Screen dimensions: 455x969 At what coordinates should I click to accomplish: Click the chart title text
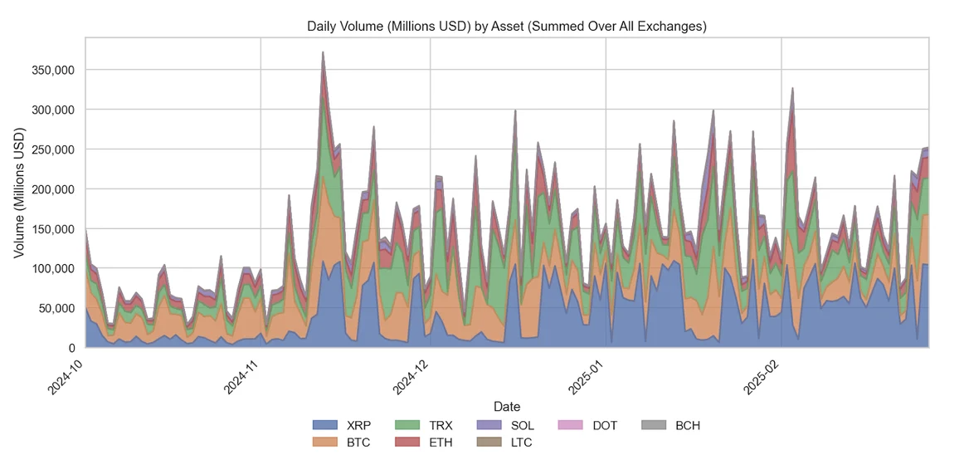[506, 26]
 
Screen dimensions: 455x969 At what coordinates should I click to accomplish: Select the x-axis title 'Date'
[506, 407]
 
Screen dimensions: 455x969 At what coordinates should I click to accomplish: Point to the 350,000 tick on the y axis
[53, 70]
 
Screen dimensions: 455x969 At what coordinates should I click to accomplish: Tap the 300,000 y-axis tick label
[53, 110]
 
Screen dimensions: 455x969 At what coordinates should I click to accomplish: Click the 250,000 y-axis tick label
[53, 149]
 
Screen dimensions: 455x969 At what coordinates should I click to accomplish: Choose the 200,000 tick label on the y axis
[53, 189]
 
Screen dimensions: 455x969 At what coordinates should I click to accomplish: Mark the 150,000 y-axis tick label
[53, 228]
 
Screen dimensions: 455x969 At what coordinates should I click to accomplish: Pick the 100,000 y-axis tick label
[53, 268]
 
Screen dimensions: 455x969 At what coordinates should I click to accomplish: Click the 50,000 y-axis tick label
[56, 308]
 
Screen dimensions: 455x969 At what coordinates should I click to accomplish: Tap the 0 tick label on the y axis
[72, 348]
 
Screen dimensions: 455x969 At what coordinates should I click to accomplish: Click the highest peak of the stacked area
[323, 52]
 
